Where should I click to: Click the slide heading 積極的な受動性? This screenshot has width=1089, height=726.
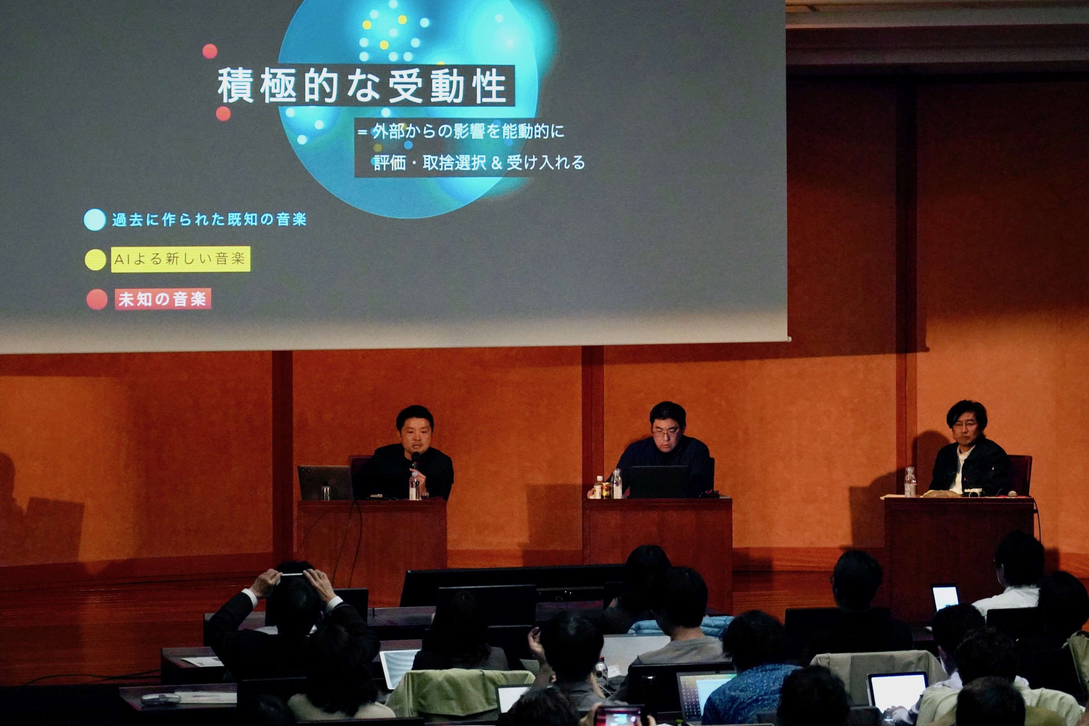pyautogui.click(x=362, y=87)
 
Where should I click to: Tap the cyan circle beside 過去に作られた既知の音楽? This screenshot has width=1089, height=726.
pyautogui.click(x=95, y=220)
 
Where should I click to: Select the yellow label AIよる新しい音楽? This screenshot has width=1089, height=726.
pyautogui.click(x=181, y=259)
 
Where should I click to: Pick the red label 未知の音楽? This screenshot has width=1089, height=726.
pyautogui.click(x=162, y=299)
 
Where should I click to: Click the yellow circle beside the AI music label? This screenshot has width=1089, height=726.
pyautogui.click(x=95, y=260)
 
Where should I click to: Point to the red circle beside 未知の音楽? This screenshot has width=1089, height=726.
pyautogui.click(x=97, y=299)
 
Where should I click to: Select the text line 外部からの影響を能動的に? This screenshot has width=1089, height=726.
pyautogui.click(x=468, y=132)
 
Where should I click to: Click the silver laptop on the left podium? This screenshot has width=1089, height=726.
pyautogui.click(x=324, y=482)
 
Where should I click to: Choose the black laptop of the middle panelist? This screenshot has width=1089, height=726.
pyautogui.click(x=659, y=481)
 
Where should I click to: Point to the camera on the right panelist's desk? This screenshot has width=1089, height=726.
pyautogui.click(x=972, y=492)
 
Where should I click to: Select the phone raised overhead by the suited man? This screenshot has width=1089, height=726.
pyautogui.click(x=290, y=575)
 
